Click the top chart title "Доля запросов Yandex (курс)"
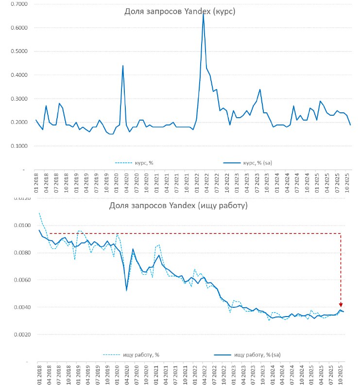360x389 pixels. click(x=180, y=12)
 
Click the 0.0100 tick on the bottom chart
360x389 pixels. click(x=18, y=225)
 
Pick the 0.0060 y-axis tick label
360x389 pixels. click(x=18, y=280)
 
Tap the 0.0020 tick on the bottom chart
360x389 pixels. click(x=18, y=335)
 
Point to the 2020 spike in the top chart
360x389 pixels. click(x=122, y=66)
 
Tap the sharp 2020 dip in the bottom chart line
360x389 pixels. click(x=126, y=290)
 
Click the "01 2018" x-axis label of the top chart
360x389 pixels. click(x=36, y=179)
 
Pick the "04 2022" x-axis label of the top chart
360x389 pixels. click(x=207, y=179)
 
